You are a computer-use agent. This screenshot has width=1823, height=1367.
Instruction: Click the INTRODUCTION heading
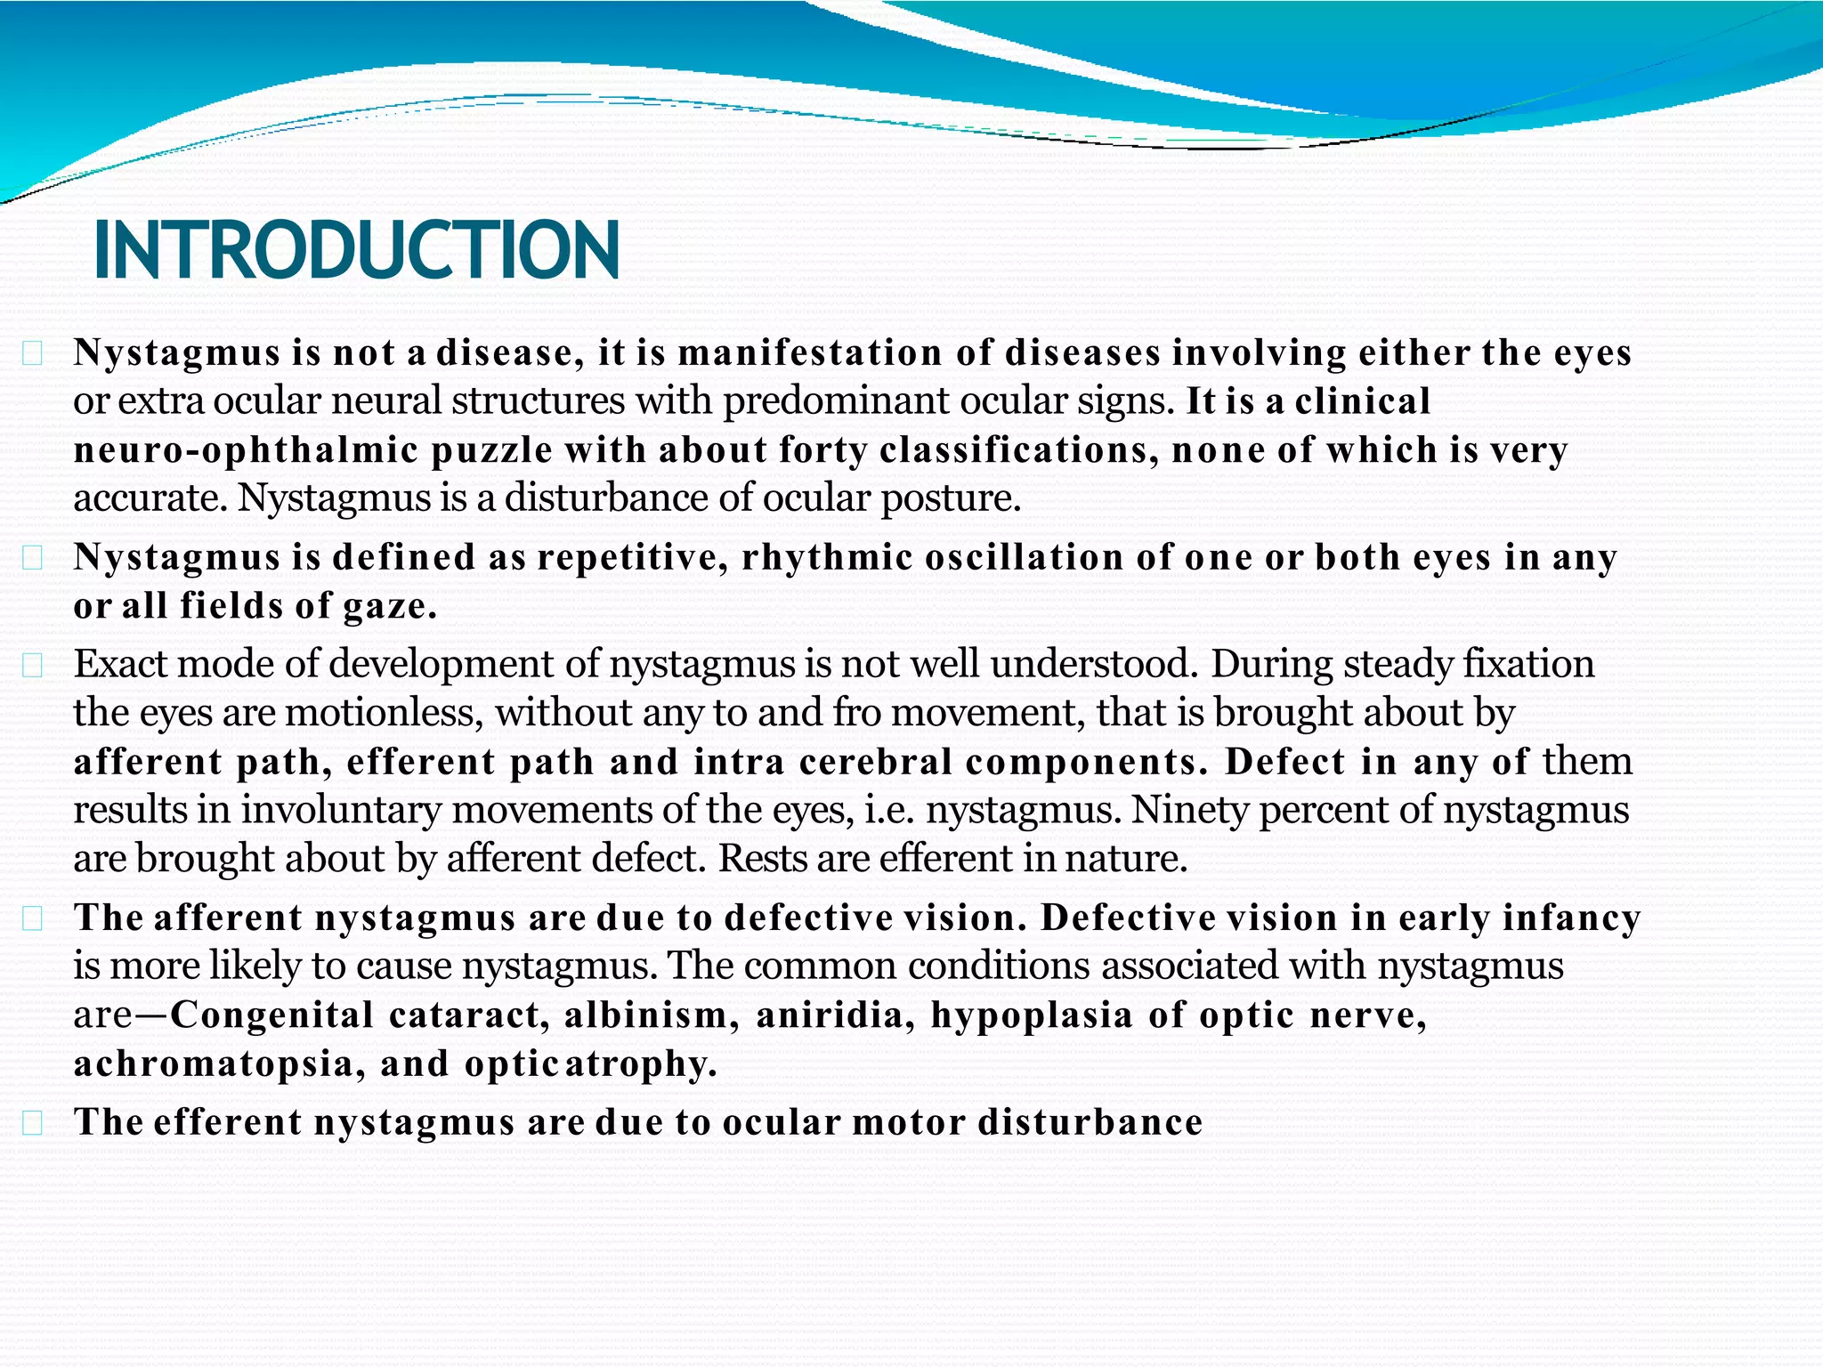pyautogui.click(x=356, y=250)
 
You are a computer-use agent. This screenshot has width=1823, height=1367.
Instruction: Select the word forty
pyautogui.click(x=822, y=450)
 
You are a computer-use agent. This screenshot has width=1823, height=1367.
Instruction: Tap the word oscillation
pyautogui.click(x=1025, y=558)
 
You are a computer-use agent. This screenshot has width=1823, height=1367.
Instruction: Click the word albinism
pyautogui.click(x=645, y=1015)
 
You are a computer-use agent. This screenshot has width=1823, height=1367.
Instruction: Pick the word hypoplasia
pyautogui.click(x=1032, y=1015)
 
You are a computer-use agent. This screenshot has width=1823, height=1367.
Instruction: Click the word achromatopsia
pyautogui.click(x=214, y=1064)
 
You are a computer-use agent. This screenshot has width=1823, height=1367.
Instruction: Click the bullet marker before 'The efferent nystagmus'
pyautogui.click(x=33, y=1123)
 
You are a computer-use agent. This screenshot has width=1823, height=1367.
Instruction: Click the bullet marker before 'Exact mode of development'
pyautogui.click(x=33, y=665)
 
